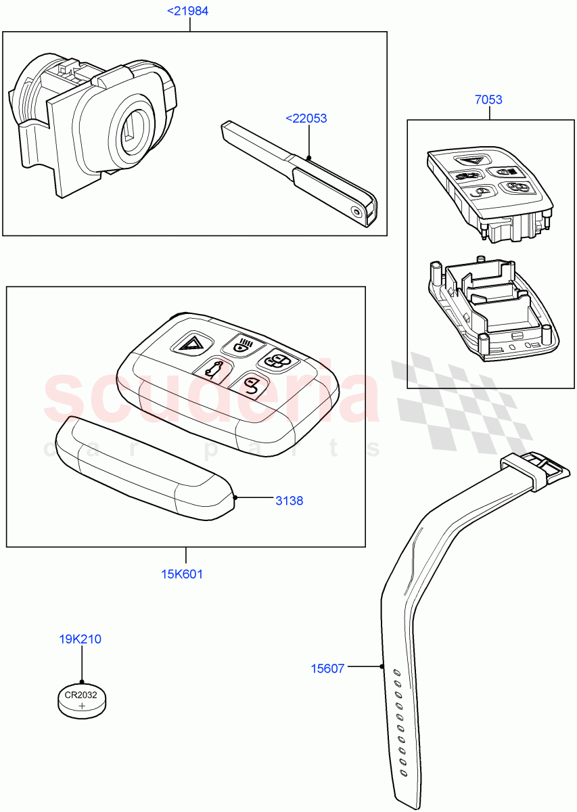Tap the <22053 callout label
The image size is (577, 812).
pyautogui.click(x=306, y=118)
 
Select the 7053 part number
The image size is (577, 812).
pyautogui.click(x=488, y=99)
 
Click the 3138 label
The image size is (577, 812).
pyautogui.click(x=289, y=501)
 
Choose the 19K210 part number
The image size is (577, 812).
pyautogui.click(x=81, y=639)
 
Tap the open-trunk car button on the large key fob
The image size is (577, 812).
pyautogui.click(x=212, y=370)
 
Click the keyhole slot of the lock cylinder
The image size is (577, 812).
pyautogui.click(x=130, y=127)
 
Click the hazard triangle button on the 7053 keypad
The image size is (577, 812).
pyautogui.click(x=467, y=161)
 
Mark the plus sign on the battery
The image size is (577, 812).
pyautogui.click(x=82, y=706)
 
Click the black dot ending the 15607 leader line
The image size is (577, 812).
pyautogui.click(x=382, y=667)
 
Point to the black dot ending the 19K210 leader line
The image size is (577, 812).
pyautogui.click(x=81, y=682)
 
